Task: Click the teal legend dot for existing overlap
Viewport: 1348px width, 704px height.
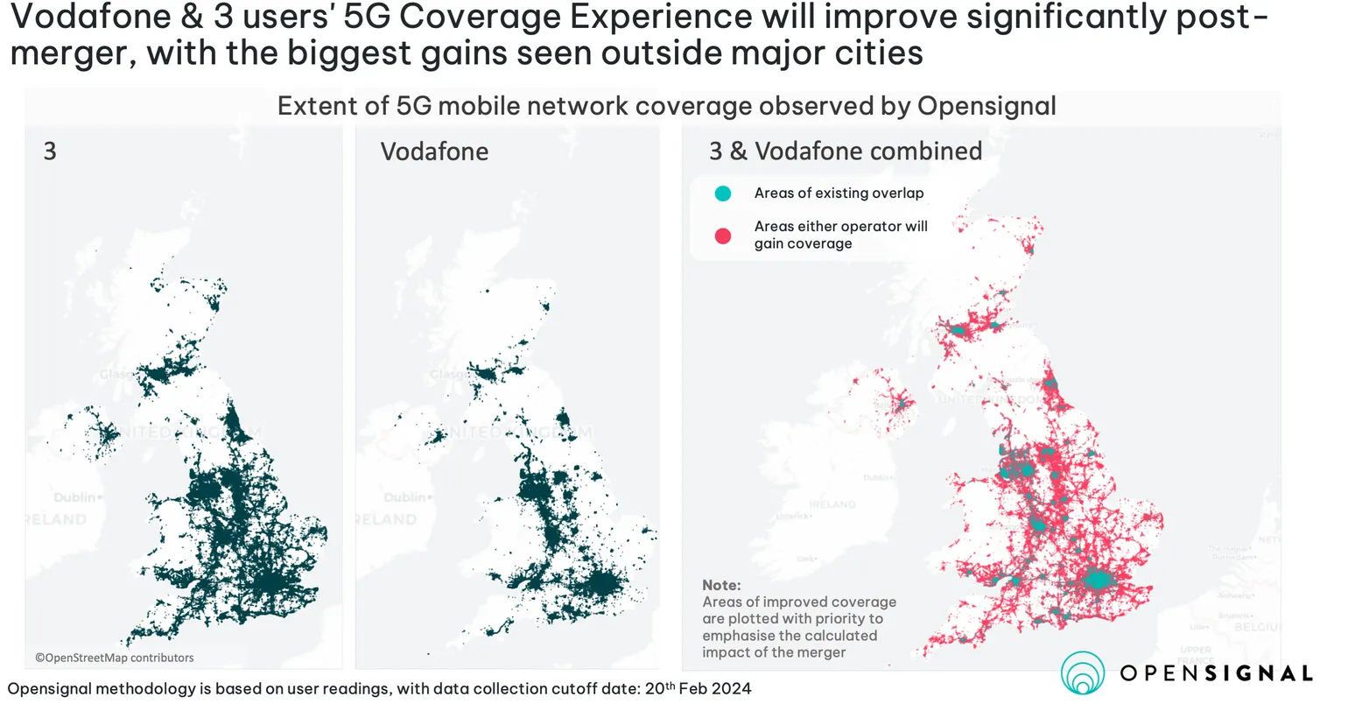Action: click(722, 194)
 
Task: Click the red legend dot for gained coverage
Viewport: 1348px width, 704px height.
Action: click(722, 235)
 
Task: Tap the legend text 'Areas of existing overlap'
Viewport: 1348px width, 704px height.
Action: click(839, 194)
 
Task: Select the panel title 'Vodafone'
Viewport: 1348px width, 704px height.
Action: click(434, 151)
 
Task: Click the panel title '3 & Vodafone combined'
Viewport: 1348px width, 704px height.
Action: click(846, 151)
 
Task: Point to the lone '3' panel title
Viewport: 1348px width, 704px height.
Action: click(50, 151)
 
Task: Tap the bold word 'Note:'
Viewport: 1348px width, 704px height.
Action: click(721, 585)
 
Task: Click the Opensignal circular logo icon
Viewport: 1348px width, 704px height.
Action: click(1083, 673)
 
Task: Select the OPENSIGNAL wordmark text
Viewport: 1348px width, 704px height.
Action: click(1217, 673)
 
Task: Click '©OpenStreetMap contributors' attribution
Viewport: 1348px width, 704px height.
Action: click(115, 658)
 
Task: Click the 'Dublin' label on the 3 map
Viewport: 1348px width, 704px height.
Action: click(75, 497)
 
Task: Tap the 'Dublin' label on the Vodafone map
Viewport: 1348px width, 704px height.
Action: click(404, 497)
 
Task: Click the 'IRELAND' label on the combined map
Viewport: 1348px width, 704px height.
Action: click(832, 504)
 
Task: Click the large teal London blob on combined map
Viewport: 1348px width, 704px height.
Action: click(1096, 581)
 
